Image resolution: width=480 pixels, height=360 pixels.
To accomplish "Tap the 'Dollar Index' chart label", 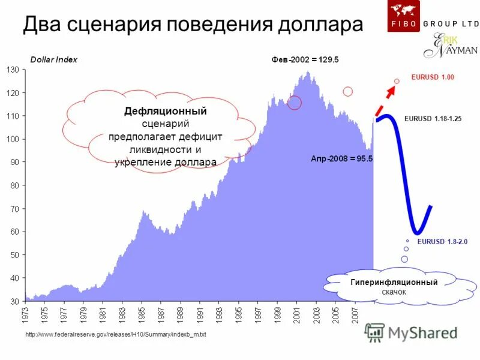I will pyautogui.click(x=53, y=60).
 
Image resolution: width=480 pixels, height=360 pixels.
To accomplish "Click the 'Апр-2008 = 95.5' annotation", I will pyautogui.click(x=342, y=159).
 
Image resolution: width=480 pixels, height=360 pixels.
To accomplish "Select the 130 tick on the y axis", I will pyautogui.click(x=13, y=70).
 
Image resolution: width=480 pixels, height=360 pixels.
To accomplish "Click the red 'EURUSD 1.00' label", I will pyautogui.click(x=433, y=77).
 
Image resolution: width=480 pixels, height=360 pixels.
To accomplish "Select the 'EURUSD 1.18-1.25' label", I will pyautogui.click(x=433, y=119).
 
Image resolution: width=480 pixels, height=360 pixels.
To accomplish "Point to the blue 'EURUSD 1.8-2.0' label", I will pyautogui.click(x=442, y=241).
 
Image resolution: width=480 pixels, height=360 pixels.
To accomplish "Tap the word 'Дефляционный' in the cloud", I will pyautogui.click(x=166, y=112).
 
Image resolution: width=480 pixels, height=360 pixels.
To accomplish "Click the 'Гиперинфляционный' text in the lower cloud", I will pyautogui.click(x=394, y=282).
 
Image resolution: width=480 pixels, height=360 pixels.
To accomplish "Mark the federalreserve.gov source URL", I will pyautogui.click(x=116, y=334).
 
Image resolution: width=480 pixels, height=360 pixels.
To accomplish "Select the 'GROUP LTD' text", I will pyautogui.click(x=451, y=23).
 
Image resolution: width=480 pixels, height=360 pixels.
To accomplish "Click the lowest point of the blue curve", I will pyautogui.click(x=417, y=232).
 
